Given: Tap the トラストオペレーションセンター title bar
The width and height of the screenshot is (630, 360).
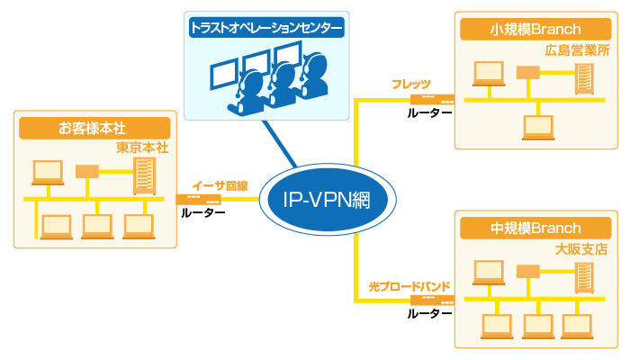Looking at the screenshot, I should click(266, 29).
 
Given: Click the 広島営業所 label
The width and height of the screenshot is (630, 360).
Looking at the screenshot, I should click(577, 50).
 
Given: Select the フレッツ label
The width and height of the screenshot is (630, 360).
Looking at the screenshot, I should click(410, 84).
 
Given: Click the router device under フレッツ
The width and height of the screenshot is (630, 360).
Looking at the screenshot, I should click(430, 98).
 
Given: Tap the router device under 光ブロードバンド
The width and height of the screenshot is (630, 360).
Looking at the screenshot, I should click(428, 299).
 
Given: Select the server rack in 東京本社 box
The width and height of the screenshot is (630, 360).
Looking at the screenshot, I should click(143, 175).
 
